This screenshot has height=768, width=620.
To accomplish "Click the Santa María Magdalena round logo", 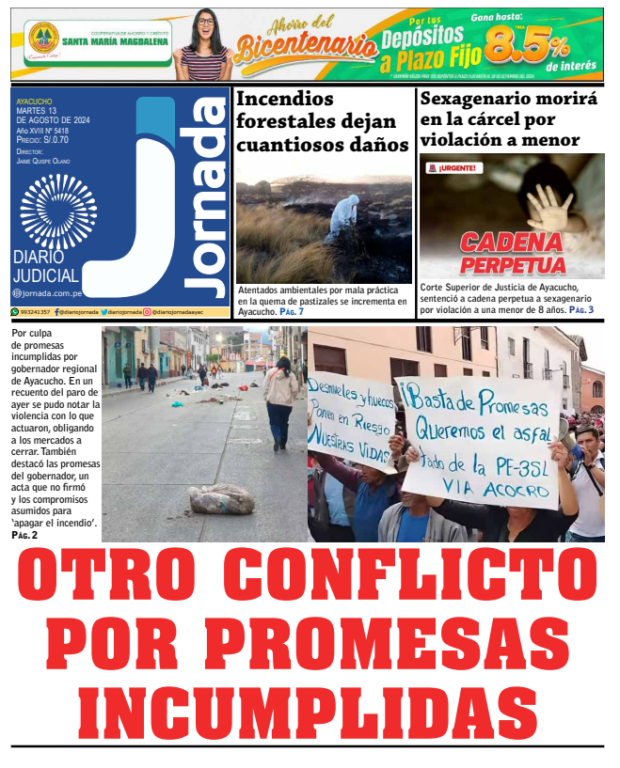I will pyautogui.click(x=42, y=39).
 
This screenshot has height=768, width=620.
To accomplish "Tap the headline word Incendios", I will pyautogui.click(x=284, y=98).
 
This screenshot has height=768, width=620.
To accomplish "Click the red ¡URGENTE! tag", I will pyautogui.click(x=453, y=168).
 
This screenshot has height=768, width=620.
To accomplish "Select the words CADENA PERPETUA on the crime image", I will pyautogui.click(x=513, y=254).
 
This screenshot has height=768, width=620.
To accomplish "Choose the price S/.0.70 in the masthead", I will pyautogui.click(x=51, y=139).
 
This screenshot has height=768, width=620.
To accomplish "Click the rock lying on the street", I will pyautogui.click(x=220, y=498).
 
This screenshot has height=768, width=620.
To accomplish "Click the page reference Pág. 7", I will pyautogui.click(x=292, y=311).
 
